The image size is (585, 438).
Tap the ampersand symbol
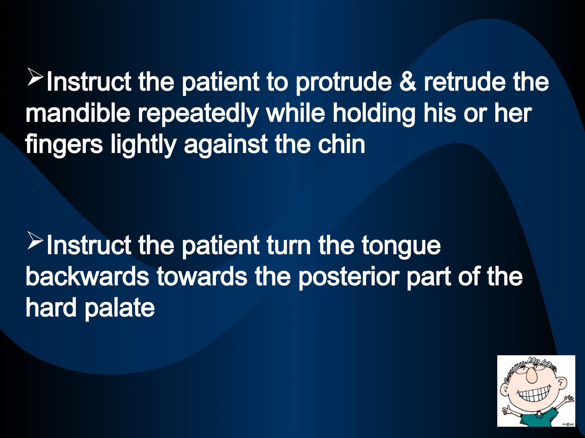tap(408, 82)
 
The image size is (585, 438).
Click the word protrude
tap(344, 83)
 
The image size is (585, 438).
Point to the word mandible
tap(78, 113)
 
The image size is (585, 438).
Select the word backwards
tap(87, 276)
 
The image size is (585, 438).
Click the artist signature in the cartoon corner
tap(568, 425)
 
